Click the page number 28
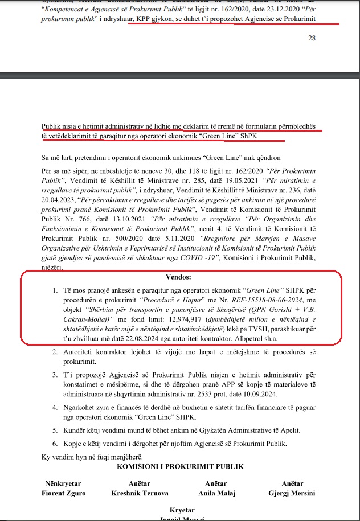[311, 38]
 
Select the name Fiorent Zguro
[64, 493]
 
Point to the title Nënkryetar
[64, 484]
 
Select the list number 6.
[55, 444]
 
